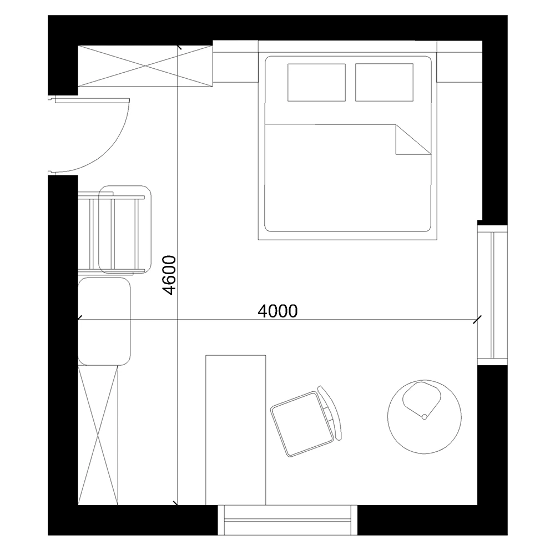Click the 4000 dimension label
[278, 311]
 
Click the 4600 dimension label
[169, 275]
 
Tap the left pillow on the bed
[316, 82]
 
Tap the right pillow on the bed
[384, 82]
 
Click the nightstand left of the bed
[235, 62]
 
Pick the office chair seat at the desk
[296, 422]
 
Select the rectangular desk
[236, 430]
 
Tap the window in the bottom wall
[287, 520]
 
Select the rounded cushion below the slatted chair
[104, 322]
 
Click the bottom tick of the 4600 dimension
[176, 503]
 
